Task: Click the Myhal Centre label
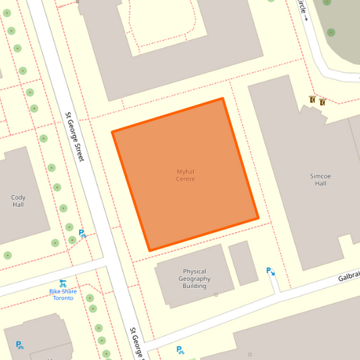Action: (185, 175)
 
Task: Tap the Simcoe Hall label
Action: (319, 180)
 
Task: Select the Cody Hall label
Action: (18, 201)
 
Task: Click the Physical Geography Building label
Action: (195, 278)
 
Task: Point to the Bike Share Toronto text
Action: (63, 294)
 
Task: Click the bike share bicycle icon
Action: (62, 284)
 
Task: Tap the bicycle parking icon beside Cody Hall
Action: (82, 233)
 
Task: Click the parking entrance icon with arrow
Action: (270, 272)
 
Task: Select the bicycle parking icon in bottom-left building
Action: (20, 345)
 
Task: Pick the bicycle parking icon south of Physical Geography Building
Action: (180, 350)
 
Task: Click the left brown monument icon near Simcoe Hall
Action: (312, 100)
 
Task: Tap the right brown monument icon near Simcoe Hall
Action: (322, 102)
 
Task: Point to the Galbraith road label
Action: (349, 275)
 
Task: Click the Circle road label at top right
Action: (302, 9)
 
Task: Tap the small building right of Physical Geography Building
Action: (243, 263)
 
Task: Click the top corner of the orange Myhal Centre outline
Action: (222, 99)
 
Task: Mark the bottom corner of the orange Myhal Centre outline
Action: (149, 251)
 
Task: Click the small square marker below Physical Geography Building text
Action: (216, 294)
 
